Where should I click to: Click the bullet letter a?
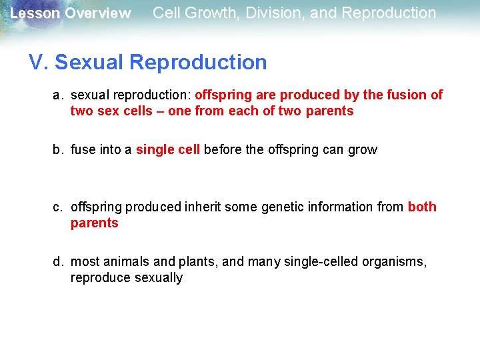click(58, 95)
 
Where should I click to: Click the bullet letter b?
click(58, 150)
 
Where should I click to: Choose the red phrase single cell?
click(167, 150)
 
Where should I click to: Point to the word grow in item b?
click(363, 150)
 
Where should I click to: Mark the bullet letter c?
click(58, 207)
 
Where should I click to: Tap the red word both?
click(422, 207)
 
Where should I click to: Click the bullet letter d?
click(58, 262)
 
